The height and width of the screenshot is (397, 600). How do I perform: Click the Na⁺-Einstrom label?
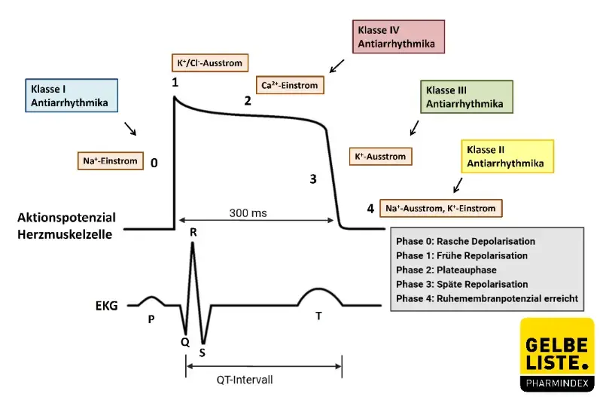pos(109,160)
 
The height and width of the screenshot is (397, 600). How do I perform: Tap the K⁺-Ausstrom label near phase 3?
pos(380,157)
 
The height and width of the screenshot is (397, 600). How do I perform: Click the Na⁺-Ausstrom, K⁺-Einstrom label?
pos(442,207)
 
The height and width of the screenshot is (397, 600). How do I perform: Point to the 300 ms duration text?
pos(248,213)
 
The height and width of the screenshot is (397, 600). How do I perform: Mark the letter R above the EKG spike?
pos(193,233)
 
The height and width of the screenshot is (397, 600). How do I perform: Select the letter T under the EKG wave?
pos(318,316)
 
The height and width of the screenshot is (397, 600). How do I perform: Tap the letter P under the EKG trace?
pos(151,319)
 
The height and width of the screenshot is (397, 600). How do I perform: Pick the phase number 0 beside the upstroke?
pos(154,162)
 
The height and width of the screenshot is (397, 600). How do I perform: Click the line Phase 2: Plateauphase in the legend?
pos(442,270)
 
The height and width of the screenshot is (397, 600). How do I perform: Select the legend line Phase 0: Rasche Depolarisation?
pos(465,241)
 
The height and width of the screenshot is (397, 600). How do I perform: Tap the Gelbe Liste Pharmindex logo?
pos(556,354)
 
